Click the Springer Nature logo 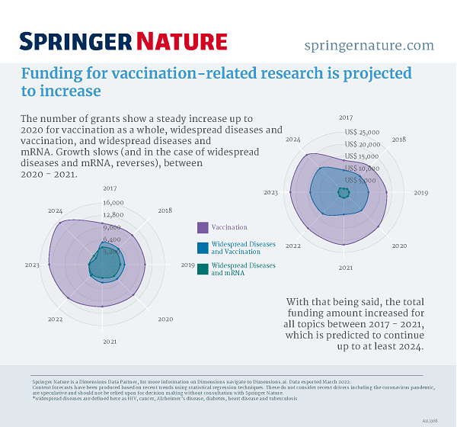(x=123, y=41)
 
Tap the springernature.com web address (x=369, y=45)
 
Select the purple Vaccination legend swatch (x=203, y=227)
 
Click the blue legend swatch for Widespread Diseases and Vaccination (x=203, y=248)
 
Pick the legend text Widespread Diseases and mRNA (x=243, y=269)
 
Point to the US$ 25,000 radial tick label (x=362, y=132)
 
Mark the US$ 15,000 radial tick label (x=362, y=156)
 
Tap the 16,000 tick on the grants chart (x=112, y=203)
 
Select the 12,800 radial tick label (x=112, y=215)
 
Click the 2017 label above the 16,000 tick (x=110, y=188)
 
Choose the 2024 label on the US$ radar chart (x=293, y=140)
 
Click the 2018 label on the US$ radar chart (x=398, y=140)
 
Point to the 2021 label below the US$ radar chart (x=346, y=268)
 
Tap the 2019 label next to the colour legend (x=187, y=265)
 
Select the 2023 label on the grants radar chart (x=32, y=265)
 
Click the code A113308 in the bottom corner (x=440, y=419)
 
